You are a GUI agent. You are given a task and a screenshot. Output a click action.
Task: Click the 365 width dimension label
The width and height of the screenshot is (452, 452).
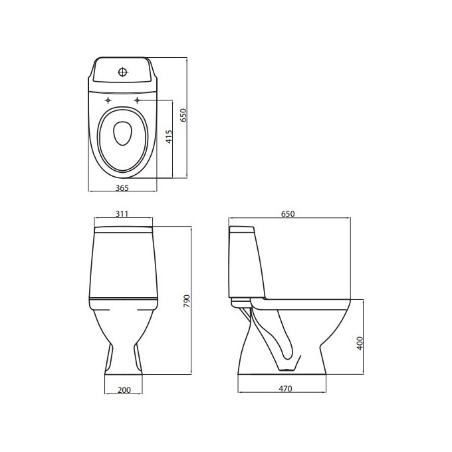click(122, 188)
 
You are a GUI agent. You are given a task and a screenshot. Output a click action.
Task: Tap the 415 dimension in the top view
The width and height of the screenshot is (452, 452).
click(169, 138)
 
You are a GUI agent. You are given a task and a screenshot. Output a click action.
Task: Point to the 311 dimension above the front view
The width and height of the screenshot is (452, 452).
click(122, 213)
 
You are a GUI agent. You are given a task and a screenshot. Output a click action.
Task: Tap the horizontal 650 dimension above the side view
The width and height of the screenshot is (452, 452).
click(287, 213)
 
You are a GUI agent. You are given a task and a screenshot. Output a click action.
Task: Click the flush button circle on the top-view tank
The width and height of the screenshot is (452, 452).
click(122, 71)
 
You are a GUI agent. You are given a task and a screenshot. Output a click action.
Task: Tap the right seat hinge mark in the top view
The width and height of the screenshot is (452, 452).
click(138, 100)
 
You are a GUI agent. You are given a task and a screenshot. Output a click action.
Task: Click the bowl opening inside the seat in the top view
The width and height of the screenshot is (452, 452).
click(122, 133)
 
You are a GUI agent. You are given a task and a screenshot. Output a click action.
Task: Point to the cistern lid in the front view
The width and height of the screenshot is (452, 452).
click(124, 230)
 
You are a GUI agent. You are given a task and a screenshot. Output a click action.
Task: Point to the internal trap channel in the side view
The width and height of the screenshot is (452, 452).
click(282, 339)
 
